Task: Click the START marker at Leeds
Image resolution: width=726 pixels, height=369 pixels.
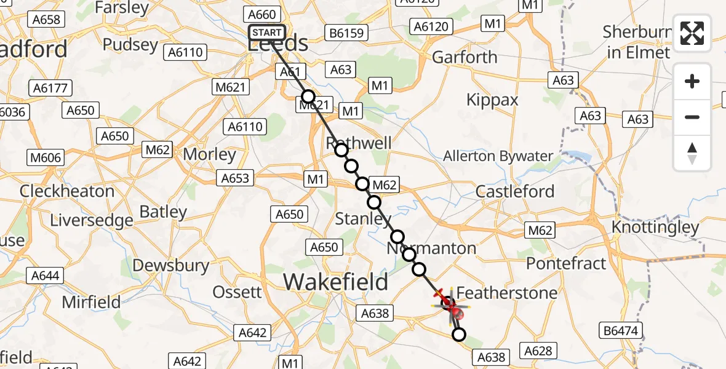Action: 266,33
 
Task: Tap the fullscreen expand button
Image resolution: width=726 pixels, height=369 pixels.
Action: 692,33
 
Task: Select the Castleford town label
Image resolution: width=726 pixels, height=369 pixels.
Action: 515,191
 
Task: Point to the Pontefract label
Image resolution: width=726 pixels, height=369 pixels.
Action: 566,263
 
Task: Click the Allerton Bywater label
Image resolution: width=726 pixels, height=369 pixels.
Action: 498,156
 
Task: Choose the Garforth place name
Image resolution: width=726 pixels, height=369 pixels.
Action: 465,57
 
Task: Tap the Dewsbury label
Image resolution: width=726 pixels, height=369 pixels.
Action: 171,266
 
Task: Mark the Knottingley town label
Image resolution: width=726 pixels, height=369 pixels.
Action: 655,228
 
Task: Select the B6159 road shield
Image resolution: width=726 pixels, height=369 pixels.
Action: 347,32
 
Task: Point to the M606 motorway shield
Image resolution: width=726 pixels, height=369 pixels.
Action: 46,158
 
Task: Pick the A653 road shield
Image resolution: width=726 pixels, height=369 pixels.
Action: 235,178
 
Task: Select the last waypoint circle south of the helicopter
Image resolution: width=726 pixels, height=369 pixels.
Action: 459,335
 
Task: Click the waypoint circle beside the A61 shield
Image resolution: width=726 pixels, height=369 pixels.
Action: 308,97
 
